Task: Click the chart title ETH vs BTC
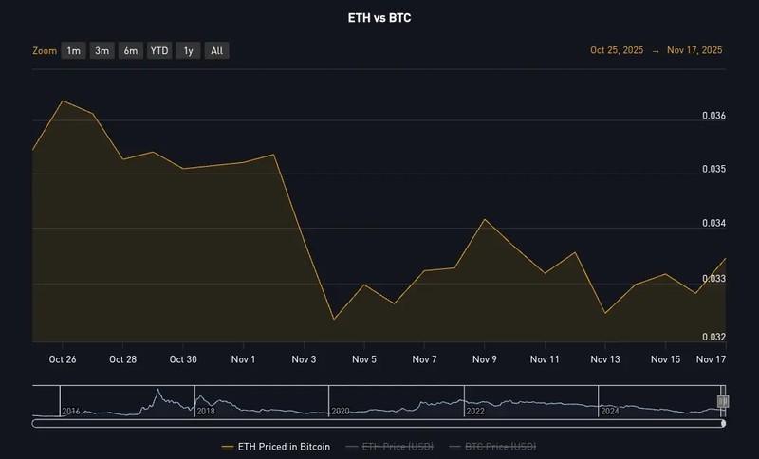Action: click(379, 17)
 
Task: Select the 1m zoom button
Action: click(73, 50)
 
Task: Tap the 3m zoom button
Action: click(102, 50)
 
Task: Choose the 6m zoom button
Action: click(131, 50)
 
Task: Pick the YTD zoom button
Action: click(159, 50)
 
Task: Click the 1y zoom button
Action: click(189, 50)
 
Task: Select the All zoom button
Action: click(217, 50)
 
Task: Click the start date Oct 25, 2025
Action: click(617, 50)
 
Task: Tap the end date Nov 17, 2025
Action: click(694, 50)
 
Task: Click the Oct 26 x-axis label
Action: click(63, 359)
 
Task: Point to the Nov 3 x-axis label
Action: click(305, 359)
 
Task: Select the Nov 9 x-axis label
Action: click(485, 359)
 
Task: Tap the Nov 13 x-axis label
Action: click(605, 359)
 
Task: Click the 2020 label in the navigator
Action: click(341, 411)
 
